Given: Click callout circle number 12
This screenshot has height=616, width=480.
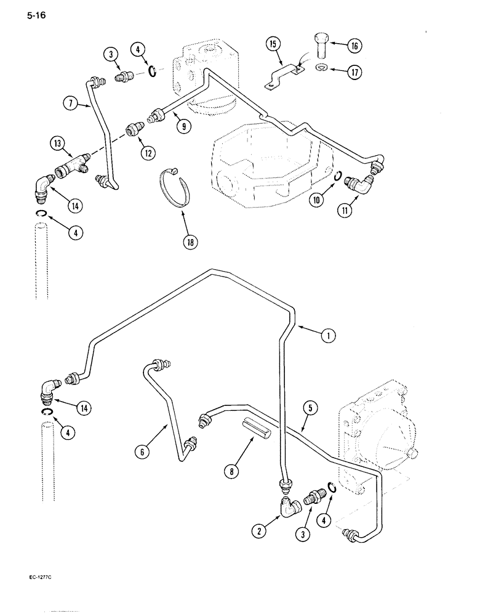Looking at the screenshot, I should [x=147, y=152].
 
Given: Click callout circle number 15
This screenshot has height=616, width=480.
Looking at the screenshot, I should [x=273, y=44].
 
